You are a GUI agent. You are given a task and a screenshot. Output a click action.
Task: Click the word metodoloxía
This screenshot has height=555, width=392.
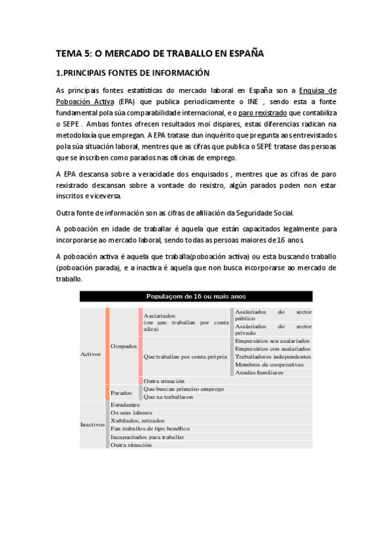77,135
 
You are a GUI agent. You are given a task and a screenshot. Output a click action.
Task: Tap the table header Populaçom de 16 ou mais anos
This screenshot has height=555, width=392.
196,296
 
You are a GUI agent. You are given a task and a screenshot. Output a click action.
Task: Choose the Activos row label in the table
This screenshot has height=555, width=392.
90,353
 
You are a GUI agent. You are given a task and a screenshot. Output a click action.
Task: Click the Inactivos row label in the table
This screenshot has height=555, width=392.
92,424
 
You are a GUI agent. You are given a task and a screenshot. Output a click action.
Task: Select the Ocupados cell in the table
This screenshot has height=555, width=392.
124,345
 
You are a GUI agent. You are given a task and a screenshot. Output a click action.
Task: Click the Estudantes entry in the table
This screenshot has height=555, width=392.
125,404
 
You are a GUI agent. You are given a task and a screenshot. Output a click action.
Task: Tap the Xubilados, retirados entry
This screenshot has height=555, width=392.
137,420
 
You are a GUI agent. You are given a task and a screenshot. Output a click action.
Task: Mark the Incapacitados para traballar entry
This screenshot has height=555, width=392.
147,437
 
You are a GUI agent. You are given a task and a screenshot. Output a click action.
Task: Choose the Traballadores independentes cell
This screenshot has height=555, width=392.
272,357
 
